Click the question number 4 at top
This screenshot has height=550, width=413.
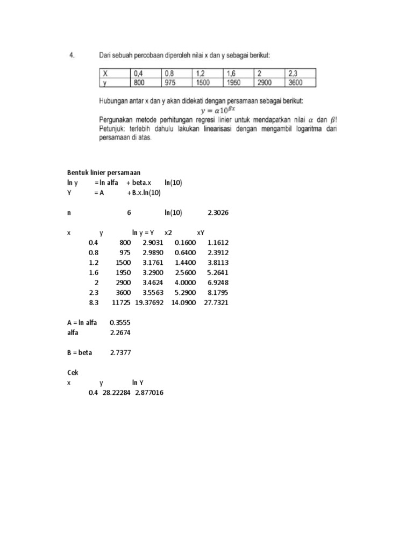click(x=72, y=55)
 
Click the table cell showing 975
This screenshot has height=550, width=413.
click(x=170, y=83)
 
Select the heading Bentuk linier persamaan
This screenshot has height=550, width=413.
click(x=103, y=172)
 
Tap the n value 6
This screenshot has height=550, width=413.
click(x=129, y=213)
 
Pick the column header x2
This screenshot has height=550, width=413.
click(x=168, y=233)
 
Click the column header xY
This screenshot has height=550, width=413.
click(x=201, y=233)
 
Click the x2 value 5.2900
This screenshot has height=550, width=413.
click(x=186, y=293)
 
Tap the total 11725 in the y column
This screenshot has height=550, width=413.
click(x=122, y=303)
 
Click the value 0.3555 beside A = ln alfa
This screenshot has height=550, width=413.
click(x=119, y=323)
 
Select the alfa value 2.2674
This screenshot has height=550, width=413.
click(x=119, y=332)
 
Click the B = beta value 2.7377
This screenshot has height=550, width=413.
click(x=119, y=353)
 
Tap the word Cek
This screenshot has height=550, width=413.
click(x=73, y=373)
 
